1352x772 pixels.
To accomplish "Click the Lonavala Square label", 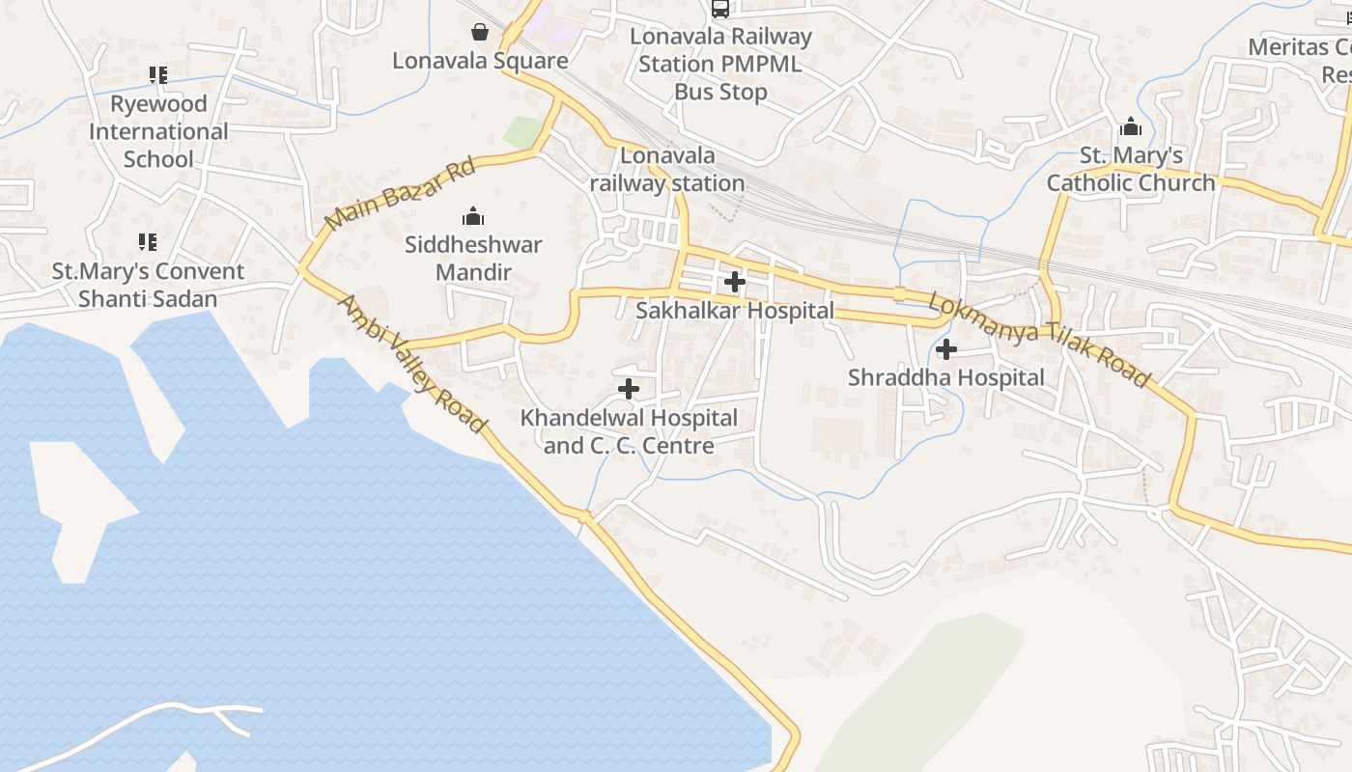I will click(x=480, y=61).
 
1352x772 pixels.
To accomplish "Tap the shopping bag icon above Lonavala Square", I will click(x=480, y=33).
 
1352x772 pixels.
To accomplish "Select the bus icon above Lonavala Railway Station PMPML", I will click(x=720, y=9).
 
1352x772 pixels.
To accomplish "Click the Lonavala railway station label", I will click(x=667, y=169).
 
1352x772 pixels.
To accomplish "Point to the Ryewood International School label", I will click(x=158, y=131).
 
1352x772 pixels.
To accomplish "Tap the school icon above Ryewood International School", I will click(x=158, y=74).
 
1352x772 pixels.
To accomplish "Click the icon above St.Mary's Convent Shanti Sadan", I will click(x=148, y=241).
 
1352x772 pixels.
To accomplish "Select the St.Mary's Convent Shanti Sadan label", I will click(x=148, y=285).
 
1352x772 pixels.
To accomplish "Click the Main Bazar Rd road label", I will click(x=400, y=195).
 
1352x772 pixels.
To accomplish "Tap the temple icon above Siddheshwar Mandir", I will click(x=473, y=215).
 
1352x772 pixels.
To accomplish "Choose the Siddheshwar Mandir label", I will click(x=473, y=259).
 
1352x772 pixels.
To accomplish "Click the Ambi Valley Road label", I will click(x=410, y=364).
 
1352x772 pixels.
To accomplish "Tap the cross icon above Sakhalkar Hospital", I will click(x=735, y=282).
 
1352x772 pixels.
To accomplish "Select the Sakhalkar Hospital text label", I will click(x=735, y=311).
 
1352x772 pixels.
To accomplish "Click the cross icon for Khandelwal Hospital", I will click(x=629, y=389).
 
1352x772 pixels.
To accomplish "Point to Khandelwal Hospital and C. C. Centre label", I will click(x=629, y=431).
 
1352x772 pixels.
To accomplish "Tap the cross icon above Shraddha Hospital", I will click(x=946, y=349).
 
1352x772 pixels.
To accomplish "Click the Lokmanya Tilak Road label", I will click(x=1039, y=340).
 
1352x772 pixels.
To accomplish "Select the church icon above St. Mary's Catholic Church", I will click(x=1131, y=126).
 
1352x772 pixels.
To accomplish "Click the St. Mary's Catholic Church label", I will click(x=1131, y=169).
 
